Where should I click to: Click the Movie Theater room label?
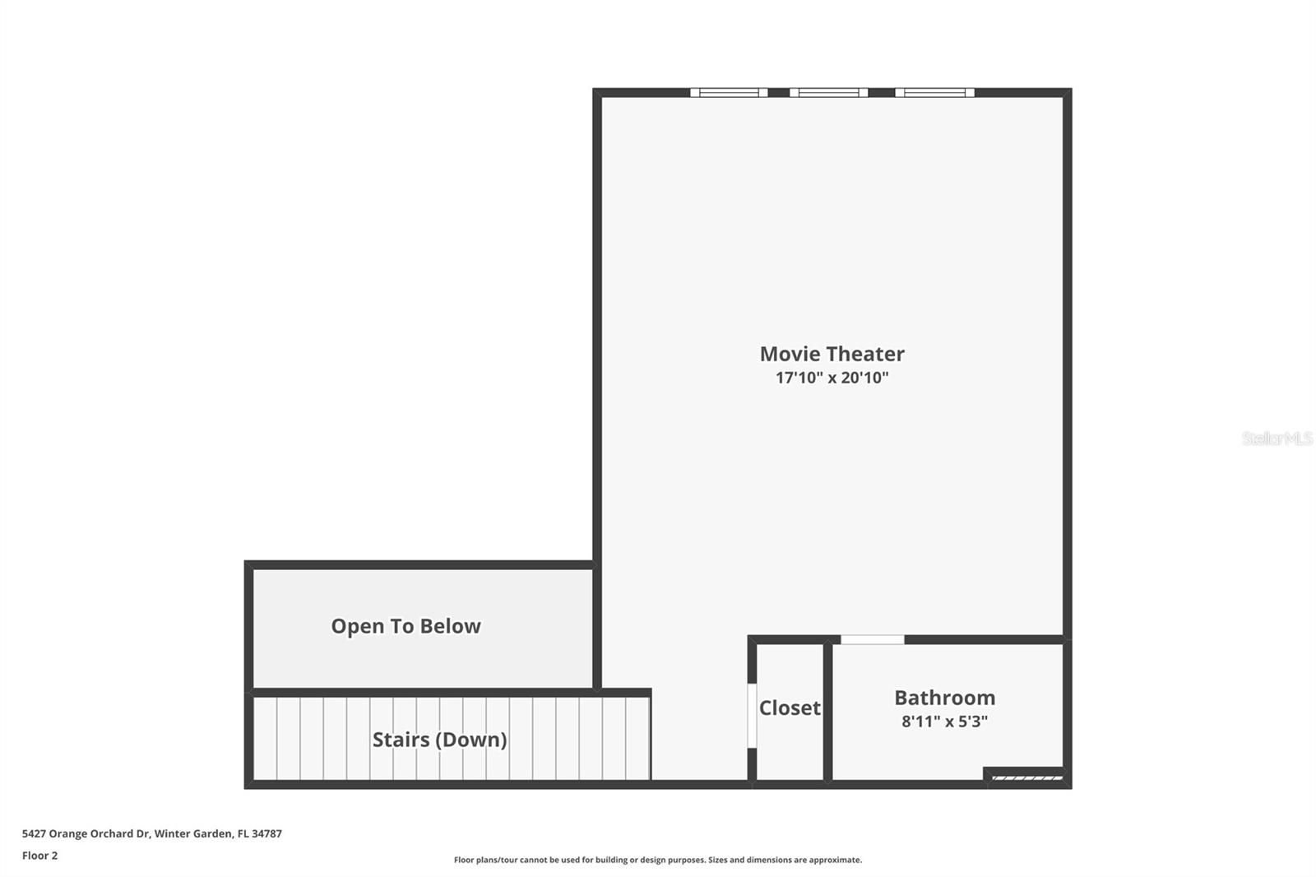(832, 354)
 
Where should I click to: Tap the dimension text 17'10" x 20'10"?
(832, 378)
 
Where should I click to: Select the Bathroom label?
(944, 698)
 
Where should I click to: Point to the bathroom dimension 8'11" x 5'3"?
(944, 722)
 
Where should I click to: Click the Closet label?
(790, 708)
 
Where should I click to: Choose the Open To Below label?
(405, 626)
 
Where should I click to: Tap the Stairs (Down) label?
(439, 740)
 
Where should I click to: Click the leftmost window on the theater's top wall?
(729, 93)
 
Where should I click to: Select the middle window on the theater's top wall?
(828, 93)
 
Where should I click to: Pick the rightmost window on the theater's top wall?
(934, 93)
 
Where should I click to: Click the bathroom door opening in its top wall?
(872, 639)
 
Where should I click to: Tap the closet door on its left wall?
(752, 715)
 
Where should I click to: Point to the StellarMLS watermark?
(1277, 438)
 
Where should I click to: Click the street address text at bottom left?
(151, 833)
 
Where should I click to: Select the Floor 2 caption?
(39, 856)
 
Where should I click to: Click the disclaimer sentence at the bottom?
(658, 860)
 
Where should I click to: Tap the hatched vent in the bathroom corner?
(1026, 777)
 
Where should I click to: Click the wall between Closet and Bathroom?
(827, 712)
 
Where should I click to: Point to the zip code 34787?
(266, 833)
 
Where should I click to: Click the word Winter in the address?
(171, 833)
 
